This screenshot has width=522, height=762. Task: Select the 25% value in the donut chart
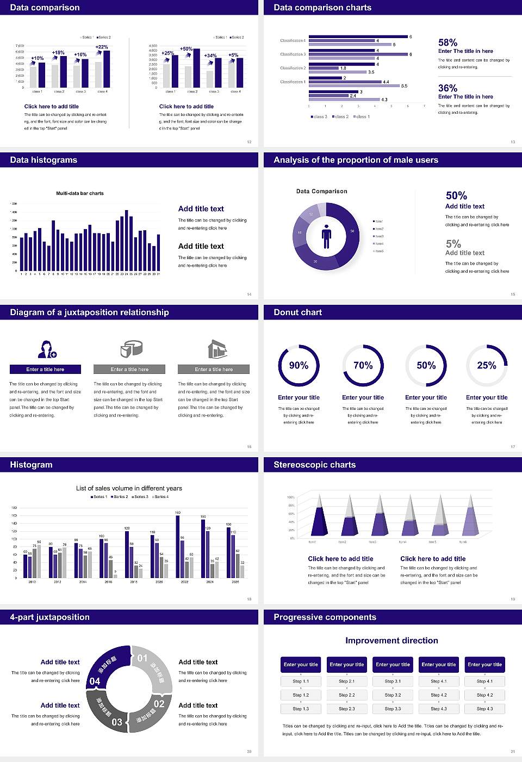pos(486,366)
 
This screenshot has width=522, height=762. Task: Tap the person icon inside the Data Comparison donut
pos(326,236)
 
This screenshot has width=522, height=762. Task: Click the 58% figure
pos(448,42)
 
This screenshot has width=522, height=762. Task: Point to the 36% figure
pos(448,88)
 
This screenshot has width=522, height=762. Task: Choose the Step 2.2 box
pos(347,695)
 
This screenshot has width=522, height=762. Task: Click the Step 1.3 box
pos(301,709)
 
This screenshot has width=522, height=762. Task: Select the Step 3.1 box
pos(393,681)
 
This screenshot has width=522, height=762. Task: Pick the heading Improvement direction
pos(391,641)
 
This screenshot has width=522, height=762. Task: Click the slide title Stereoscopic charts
pos(314,465)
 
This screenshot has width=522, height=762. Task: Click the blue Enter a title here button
pos(45,370)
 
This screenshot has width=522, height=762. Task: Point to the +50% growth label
pos(186,49)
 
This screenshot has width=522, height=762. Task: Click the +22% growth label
pos(102,47)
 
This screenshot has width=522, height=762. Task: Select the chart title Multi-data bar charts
pos(80,193)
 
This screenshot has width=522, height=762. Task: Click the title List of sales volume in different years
pos(129,488)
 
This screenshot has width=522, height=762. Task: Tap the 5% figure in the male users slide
pos(453,244)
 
